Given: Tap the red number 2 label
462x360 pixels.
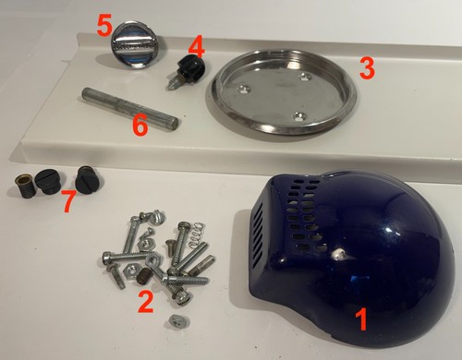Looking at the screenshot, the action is [x=146, y=302].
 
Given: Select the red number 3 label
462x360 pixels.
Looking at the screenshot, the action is [x=367, y=68].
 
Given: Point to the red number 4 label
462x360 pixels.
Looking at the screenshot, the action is [x=196, y=48].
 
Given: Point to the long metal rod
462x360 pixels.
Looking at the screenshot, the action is [x=129, y=110].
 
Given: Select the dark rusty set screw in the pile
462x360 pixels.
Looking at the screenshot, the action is [x=142, y=275].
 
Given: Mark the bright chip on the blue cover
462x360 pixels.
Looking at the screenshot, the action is [x=338, y=254].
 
